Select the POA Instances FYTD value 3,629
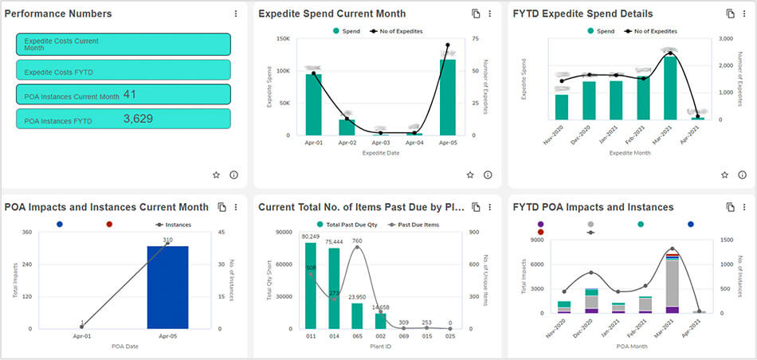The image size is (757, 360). (x=138, y=119)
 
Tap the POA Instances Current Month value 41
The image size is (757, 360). (x=129, y=95)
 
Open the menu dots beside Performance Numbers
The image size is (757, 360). (x=235, y=14)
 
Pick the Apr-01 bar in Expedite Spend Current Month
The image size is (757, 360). (x=313, y=104)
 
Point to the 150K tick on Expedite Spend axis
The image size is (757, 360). (x=282, y=38)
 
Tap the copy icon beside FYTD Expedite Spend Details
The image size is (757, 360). (x=730, y=14)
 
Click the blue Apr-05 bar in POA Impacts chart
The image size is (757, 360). (x=168, y=287)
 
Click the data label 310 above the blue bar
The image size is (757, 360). (x=168, y=240)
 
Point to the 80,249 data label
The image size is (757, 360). (x=310, y=237)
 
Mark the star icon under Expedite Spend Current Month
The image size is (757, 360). (x=470, y=174)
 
